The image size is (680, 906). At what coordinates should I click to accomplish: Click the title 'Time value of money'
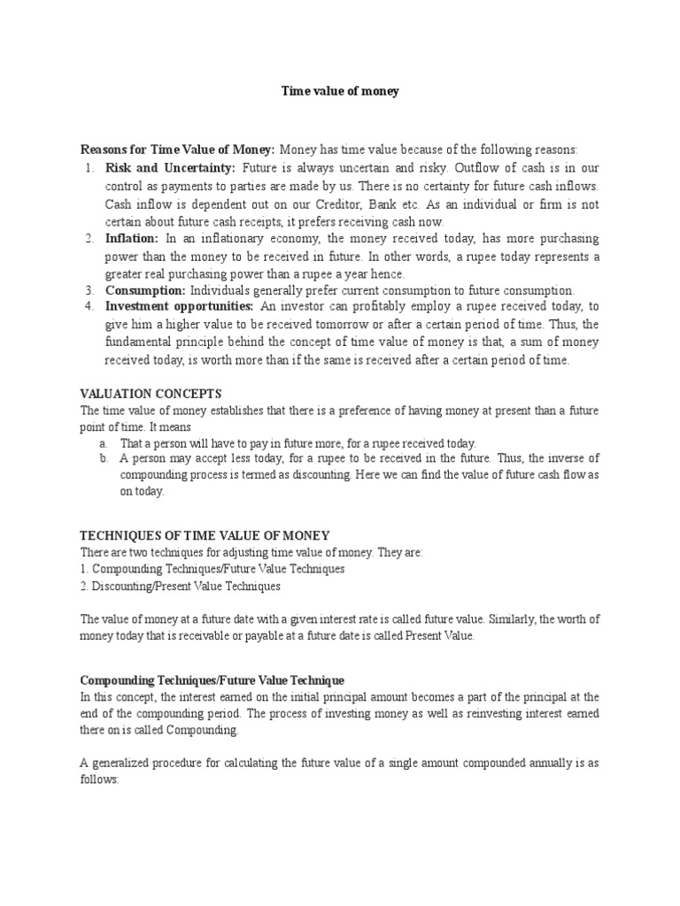pos(340,91)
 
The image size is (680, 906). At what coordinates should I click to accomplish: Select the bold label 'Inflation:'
pos(132,239)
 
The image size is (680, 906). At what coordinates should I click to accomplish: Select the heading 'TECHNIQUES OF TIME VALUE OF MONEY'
pos(205,535)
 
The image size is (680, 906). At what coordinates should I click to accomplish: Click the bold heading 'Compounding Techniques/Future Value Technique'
pos(212,679)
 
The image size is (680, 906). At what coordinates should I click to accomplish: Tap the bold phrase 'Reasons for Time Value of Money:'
pos(177,150)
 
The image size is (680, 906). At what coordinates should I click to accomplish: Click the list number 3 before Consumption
pos(89,290)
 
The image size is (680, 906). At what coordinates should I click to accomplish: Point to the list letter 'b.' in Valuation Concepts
pos(104,458)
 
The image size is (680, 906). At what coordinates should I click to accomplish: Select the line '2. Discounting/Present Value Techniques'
pos(181,586)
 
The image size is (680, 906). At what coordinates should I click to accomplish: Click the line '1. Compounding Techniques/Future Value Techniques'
pos(212,569)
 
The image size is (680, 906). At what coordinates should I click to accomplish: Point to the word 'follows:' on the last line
pos(99,781)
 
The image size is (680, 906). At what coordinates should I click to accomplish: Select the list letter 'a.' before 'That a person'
pos(104,442)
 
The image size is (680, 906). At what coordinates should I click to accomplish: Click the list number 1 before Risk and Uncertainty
pos(89,168)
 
